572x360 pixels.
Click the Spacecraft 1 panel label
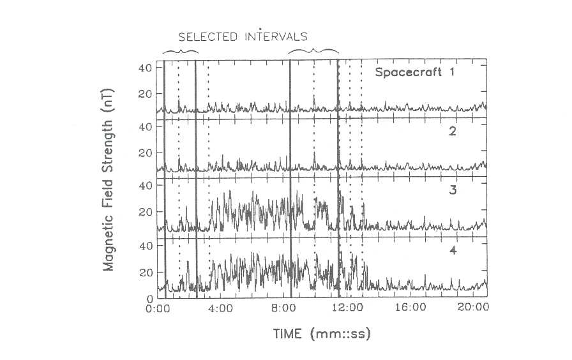point(415,72)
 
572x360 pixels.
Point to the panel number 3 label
point(451,191)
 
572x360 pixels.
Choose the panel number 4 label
point(451,250)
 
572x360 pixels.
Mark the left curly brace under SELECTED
point(181,51)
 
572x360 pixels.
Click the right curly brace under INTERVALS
point(313,51)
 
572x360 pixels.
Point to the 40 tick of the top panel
point(145,68)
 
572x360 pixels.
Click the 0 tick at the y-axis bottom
point(149,297)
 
